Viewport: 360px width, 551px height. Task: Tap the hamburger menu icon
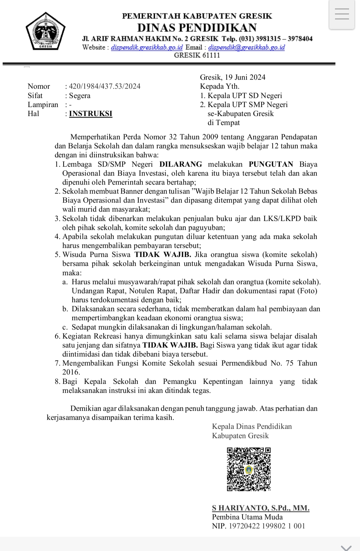click(x=342, y=15)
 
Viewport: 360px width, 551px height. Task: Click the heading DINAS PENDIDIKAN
click(x=197, y=27)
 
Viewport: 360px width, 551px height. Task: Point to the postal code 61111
click(x=209, y=56)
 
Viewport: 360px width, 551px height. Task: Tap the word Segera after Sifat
click(x=80, y=96)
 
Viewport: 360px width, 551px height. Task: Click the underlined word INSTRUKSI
click(x=91, y=114)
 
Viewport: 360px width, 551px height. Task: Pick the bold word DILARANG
click(x=181, y=164)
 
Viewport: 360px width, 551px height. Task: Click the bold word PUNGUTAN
click(x=271, y=164)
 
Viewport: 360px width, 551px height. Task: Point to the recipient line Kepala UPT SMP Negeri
click(x=247, y=105)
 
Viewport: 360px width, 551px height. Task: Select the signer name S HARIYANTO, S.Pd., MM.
click(x=261, y=508)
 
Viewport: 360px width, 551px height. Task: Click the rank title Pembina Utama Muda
click(x=247, y=517)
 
